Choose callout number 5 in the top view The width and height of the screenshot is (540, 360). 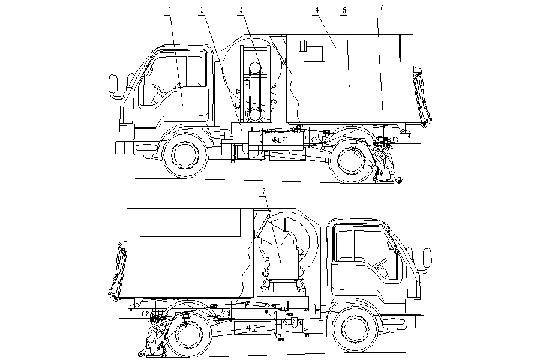(x=344, y=11)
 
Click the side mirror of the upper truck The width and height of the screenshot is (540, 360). (x=112, y=85)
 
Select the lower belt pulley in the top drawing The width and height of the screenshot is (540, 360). (x=254, y=113)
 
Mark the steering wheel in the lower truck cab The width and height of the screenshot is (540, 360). (x=380, y=264)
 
